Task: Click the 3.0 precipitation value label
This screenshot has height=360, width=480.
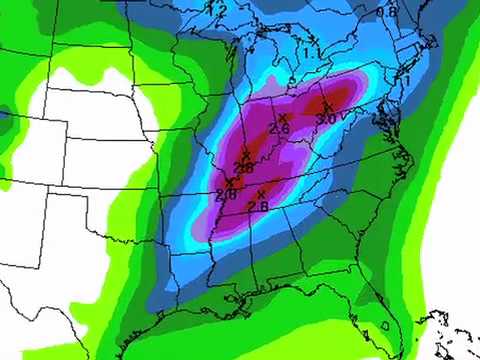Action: coord(326,119)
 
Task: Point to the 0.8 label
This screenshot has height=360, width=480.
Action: coord(388,11)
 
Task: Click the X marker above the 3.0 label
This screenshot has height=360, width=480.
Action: coord(326,104)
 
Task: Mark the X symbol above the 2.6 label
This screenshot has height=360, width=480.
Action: coord(283,116)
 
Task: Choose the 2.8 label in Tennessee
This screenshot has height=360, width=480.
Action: coord(258,206)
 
